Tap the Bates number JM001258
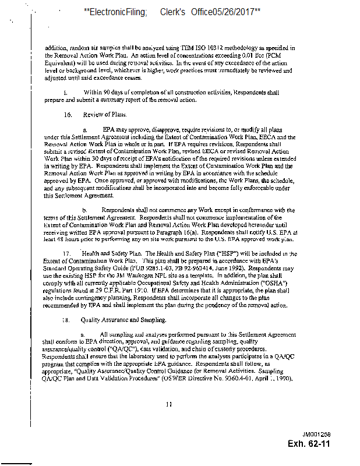(x=316, y=435)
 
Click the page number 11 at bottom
(x=169, y=404)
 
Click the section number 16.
(x=68, y=115)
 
